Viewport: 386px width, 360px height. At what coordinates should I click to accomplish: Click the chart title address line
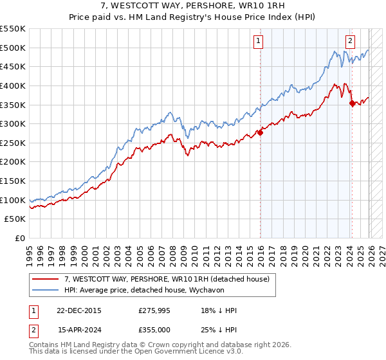193,6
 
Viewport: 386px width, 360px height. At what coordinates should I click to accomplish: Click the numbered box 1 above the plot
258,41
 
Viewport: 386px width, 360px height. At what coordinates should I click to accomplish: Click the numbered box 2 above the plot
350,41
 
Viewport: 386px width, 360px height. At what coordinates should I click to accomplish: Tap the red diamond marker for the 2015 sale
261,133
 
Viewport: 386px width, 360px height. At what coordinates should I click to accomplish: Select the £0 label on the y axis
19,238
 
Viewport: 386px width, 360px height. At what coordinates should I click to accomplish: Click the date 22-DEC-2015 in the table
79,310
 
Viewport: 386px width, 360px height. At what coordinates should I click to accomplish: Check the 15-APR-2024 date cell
79,330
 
